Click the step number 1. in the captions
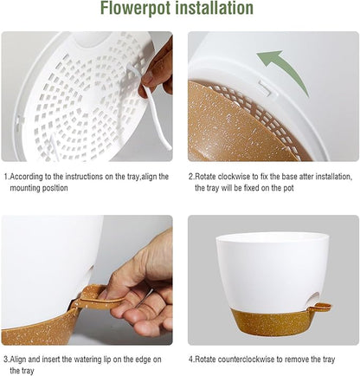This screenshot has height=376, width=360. point(7,176)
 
